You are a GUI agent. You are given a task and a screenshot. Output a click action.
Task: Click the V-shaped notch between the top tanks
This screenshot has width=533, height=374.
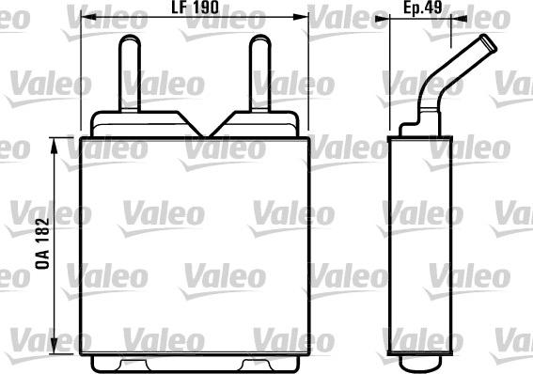pos(196,126)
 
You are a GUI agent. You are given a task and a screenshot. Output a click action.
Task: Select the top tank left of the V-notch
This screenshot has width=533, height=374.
pos(141,123)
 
